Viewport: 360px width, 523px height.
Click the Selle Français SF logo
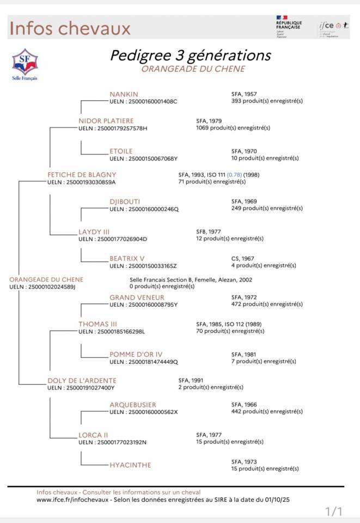click(25, 64)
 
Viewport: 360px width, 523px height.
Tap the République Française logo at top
click(289, 26)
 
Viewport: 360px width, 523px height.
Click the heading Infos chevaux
click(70, 28)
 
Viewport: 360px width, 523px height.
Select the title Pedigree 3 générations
click(190, 56)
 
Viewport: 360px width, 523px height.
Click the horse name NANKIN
click(124, 94)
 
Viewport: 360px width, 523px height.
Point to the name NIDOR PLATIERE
click(106, 120)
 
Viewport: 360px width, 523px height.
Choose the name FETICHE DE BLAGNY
click(82, 174)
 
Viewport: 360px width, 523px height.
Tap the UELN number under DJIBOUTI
click(144, 209)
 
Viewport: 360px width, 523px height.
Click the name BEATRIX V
click(126, 258)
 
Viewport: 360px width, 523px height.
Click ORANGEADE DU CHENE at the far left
click(46, 279)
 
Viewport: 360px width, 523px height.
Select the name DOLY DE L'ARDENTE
click(82, 380)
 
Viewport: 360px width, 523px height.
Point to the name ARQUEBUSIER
click(132, 405)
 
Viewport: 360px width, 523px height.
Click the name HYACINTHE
click(130, 465)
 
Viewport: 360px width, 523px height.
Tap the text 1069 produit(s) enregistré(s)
click(233, 127)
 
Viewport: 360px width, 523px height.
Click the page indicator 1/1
click(333, 511)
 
